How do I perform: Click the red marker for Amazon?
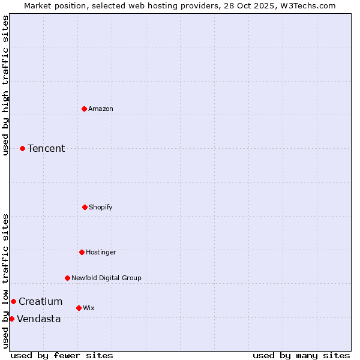pos(84,109)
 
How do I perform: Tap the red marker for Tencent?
pos(22,148)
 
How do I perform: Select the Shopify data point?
pos(85,207)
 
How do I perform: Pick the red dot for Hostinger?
pos(82,252)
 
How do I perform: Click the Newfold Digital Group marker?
pos(67,278)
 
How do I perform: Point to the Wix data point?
pos(79,308)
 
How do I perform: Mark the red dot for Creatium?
pos(13,301)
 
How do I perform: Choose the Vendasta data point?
pos(11,319)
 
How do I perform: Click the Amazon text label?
pos(101,109)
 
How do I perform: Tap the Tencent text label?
pos(46,148)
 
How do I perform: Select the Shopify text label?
pos(101,207)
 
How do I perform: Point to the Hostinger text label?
pos(101,252)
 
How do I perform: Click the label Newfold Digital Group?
pos(106,278)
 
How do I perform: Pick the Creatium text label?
pos(40,301)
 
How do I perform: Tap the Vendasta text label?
pos(38,319)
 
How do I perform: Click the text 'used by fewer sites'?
pos(62,355)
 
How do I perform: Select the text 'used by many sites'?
pos(301,355)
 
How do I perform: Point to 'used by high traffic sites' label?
pos(5,85)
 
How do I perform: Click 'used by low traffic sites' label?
pos(5,281)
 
